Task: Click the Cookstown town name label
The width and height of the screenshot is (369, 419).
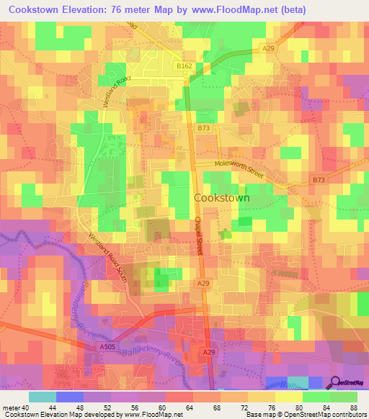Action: pos(221,198)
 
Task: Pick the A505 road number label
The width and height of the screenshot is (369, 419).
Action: pos(107,346)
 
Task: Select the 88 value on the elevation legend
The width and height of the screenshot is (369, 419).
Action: pos(353,407)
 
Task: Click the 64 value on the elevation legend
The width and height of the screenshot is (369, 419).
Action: pos(189,407)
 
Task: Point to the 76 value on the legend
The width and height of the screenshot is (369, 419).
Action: pos(271,407)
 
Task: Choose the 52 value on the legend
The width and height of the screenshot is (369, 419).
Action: pos(107,407)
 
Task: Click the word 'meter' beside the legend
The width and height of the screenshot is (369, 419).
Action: pos(10,407)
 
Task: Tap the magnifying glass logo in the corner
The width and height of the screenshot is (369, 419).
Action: pos(336,383)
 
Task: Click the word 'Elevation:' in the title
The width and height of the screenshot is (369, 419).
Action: pos(91,10)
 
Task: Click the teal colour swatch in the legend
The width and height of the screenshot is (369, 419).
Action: pos(43,397)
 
